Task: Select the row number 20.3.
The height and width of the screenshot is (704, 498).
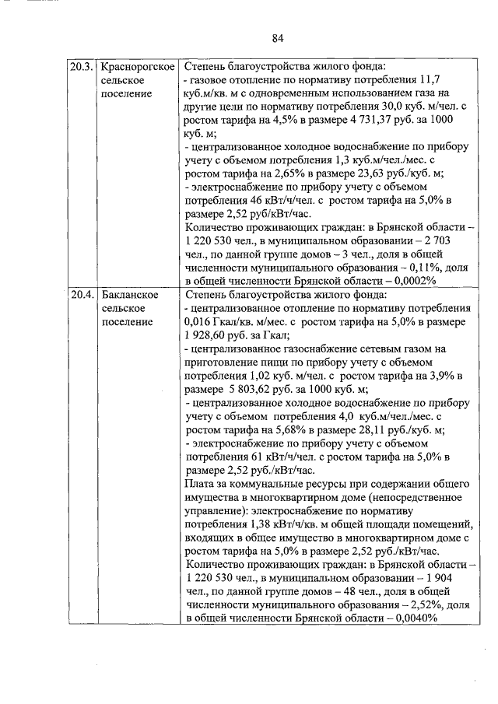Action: click(82, 65)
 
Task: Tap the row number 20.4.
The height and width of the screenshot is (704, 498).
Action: click(82, 295)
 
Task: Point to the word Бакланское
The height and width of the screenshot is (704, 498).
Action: click(131, 295)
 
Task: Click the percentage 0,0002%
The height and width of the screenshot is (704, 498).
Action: click(410, 281)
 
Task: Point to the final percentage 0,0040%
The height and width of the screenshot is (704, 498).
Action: click(410, 618)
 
